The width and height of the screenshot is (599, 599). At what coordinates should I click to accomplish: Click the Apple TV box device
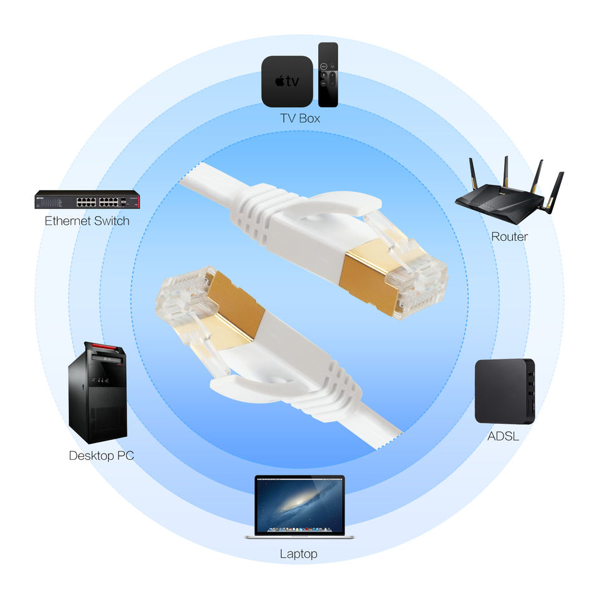point(286,81)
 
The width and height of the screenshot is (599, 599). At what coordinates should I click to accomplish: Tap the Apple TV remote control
point(328,74)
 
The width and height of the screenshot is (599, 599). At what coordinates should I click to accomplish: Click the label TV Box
point(299,117)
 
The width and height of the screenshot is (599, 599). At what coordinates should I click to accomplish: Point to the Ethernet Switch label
point(87,221)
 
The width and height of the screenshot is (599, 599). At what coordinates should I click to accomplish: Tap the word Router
point(509,236)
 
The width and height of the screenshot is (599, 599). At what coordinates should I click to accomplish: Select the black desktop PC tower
point(97,393)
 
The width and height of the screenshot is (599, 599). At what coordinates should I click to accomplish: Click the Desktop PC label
point(101,455)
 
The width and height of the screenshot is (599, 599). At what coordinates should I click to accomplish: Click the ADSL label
point(503,436)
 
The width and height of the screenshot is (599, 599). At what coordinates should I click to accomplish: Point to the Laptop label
point(298,553)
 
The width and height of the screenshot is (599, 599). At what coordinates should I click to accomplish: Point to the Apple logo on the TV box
point(280,81)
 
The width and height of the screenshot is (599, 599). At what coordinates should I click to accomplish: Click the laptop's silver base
point(299,535)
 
